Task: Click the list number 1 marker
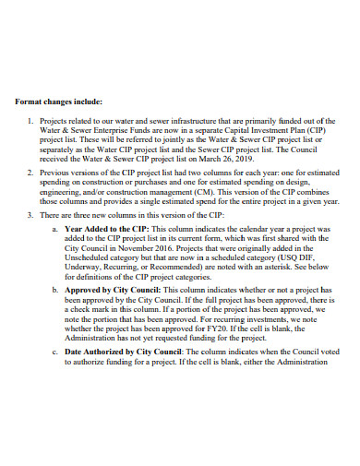coord(32,122)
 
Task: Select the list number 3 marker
coord(32,214)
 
